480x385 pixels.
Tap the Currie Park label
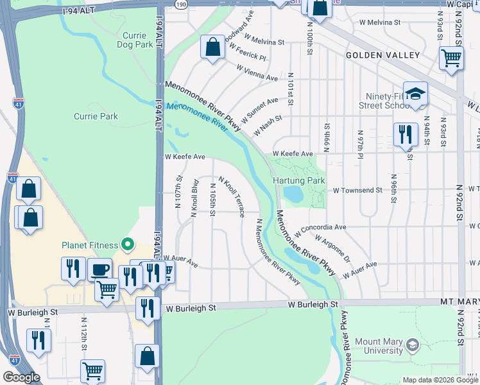96,116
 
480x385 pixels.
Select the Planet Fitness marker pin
128,244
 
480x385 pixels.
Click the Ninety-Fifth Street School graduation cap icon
415,94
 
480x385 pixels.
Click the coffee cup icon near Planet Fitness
99,269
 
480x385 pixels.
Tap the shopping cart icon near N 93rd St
452,58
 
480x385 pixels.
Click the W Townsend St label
357,191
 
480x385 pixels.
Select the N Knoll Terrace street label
232,197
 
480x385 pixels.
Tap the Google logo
21,377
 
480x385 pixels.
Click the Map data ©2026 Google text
440,380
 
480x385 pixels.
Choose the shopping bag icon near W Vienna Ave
212,47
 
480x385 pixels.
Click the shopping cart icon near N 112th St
92,371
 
